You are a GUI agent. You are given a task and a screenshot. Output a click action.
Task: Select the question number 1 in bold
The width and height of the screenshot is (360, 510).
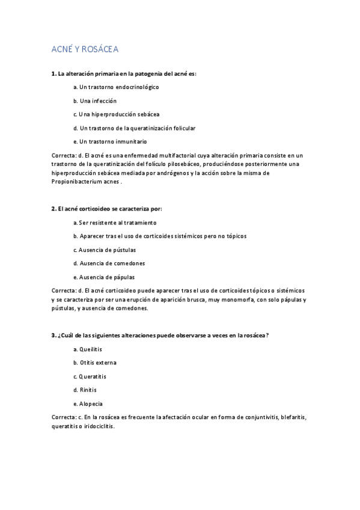pyautogui.click(x=53, y=73)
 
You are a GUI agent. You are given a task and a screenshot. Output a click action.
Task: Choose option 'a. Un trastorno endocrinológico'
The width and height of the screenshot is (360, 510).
pyautogui.click(x=115, y=87)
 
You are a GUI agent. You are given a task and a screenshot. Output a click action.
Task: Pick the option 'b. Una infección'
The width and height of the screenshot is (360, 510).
pyautogui.click(x=95, y=100)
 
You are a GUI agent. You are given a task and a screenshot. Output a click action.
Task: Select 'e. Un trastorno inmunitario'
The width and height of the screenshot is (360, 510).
pyautogui.click(x=109, y=141)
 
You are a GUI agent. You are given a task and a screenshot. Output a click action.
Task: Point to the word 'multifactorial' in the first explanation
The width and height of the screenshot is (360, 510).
pyautogui.click(x=180, y=155)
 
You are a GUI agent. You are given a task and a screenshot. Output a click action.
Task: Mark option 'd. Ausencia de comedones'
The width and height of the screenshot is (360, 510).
pyautogui.click(x=108, y=263)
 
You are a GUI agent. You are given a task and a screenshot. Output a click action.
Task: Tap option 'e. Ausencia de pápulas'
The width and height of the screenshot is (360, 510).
pyautogui.click(x=103, y=277)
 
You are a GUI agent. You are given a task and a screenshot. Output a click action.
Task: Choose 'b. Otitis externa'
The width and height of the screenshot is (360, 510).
pyautogui.click(x=95, y=363)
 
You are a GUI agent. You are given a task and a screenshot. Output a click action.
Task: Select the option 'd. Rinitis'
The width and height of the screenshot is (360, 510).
pyautogui.click(x=84, y=390)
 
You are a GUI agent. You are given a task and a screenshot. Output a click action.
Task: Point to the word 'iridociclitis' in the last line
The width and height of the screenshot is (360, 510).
pyautogui.click(x=97, y=426)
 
